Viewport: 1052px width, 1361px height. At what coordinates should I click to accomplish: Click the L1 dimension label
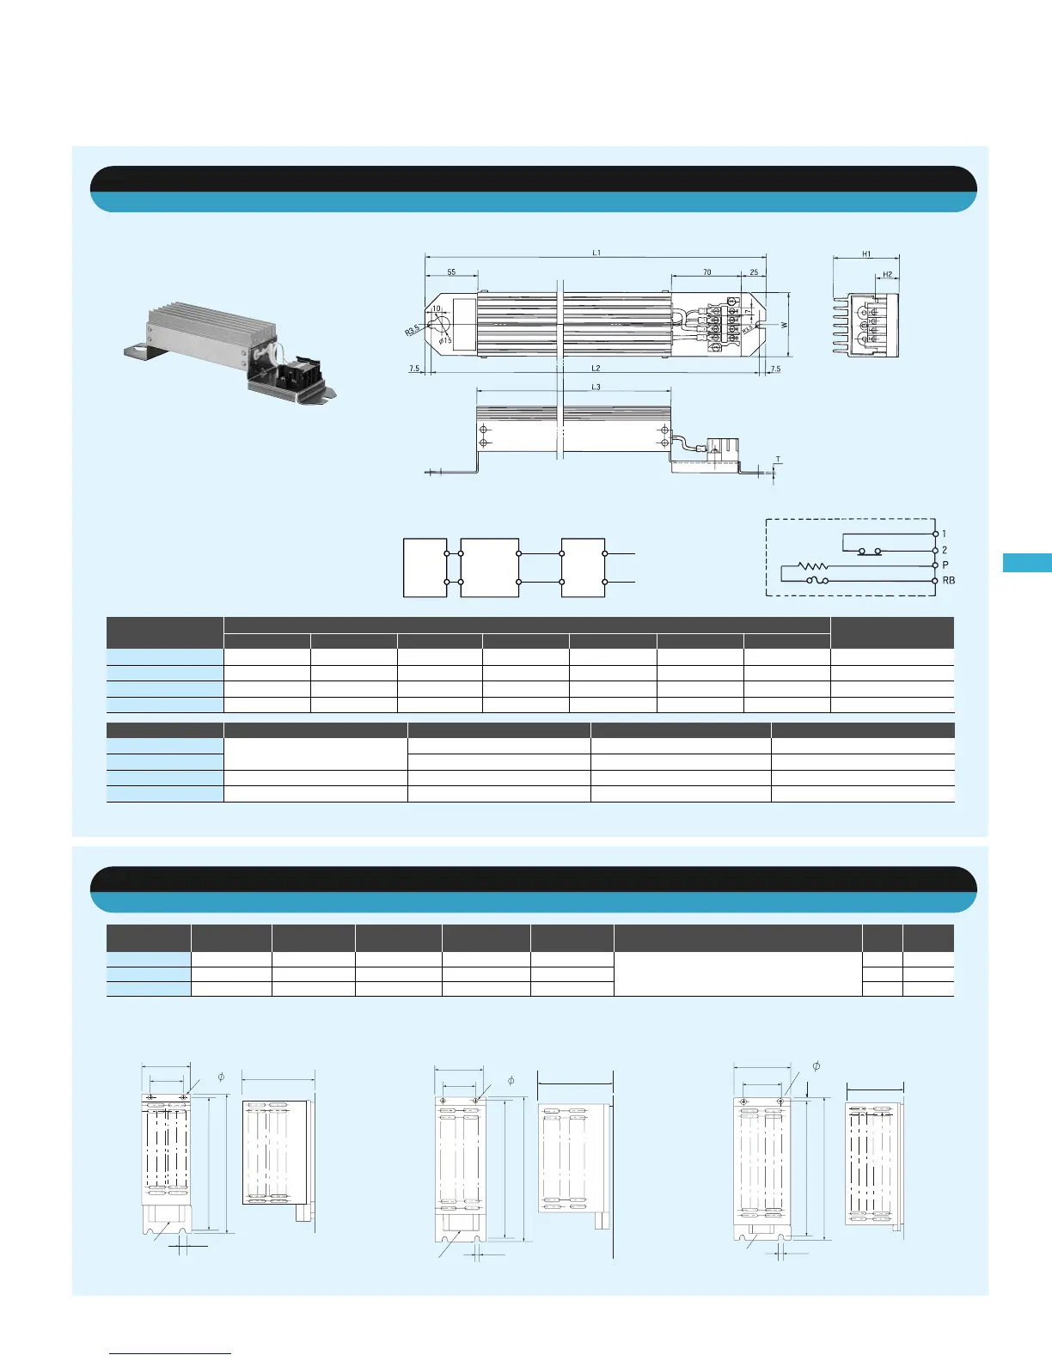point(596,253)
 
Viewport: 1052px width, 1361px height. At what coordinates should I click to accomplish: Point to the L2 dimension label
point(596,369)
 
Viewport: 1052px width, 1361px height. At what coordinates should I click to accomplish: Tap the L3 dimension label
point(596,388)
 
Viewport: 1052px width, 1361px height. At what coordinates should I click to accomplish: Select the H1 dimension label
point(866,254)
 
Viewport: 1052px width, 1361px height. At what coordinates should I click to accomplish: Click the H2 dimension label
point(887,275)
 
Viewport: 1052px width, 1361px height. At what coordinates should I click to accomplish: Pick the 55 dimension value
point(452,272)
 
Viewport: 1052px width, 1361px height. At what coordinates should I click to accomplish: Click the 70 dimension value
point(706,272)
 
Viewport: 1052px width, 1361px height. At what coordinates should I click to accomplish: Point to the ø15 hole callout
point(445,341)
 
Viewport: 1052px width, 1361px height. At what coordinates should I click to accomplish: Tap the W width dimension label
point(784,326)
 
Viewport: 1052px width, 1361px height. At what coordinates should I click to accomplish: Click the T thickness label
point(778,460)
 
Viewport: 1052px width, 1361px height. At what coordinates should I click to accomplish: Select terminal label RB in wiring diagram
point(949,581)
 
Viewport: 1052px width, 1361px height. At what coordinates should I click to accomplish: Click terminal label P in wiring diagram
point(945,565)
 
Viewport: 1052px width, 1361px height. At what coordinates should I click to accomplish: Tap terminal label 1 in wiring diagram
point(944,534)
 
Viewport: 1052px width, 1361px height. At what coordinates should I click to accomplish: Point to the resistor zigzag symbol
point(812,565)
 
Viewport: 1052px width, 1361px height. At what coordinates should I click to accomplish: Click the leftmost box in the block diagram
point(425,567)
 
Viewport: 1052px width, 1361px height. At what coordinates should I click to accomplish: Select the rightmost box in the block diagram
point(583,567)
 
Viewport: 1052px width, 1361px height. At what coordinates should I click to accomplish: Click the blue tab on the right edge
point(1027,563)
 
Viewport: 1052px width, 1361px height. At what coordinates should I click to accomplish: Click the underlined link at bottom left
point(170,1354)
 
